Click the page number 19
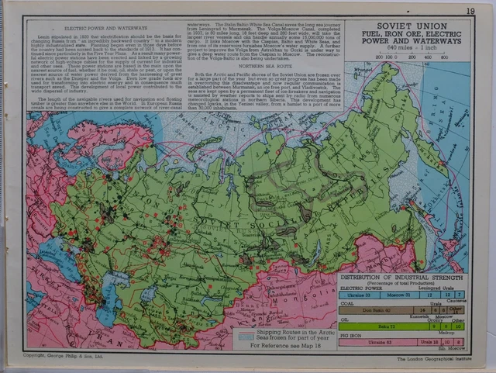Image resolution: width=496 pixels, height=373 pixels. [470, 10]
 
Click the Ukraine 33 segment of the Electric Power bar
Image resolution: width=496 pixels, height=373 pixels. [356, 295]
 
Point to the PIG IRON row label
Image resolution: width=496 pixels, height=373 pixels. [350, 334]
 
